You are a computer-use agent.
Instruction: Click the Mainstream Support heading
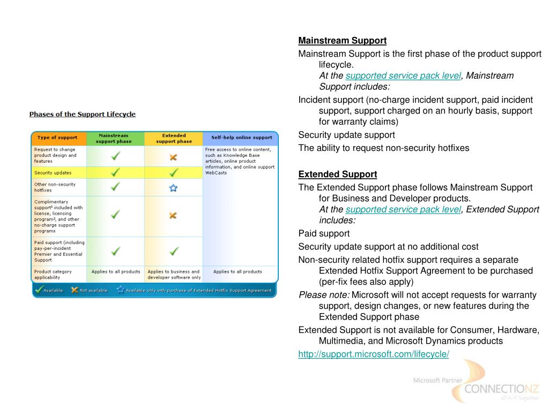(x=342, y=41)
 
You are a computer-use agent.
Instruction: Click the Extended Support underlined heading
(x=338, y=174)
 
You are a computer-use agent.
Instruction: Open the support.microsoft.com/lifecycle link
(x=374, y=354)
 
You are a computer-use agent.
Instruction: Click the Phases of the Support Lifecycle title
(x=82, y=114)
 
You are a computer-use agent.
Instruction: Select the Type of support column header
(x=57, y=138)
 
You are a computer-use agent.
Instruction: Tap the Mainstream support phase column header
(x=114, y=139)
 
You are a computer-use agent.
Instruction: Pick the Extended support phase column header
(x=174, y=139)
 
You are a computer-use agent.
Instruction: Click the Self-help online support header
(x=241, y=138)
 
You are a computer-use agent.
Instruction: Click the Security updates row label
(x=53, y=173)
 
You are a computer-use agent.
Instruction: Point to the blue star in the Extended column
(x=173, y=188)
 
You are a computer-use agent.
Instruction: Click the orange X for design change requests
(x=173, y=157)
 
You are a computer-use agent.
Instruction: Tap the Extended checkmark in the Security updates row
(x=173, y=172)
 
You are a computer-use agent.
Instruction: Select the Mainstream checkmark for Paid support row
(x=115, y=250)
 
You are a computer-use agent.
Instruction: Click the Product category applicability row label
(x=53, y=275)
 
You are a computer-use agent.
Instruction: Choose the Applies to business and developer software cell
(x=174, y=275)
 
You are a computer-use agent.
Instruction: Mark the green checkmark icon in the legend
(x=39, y=290)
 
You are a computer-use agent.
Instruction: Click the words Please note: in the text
(x=324, y=295)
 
